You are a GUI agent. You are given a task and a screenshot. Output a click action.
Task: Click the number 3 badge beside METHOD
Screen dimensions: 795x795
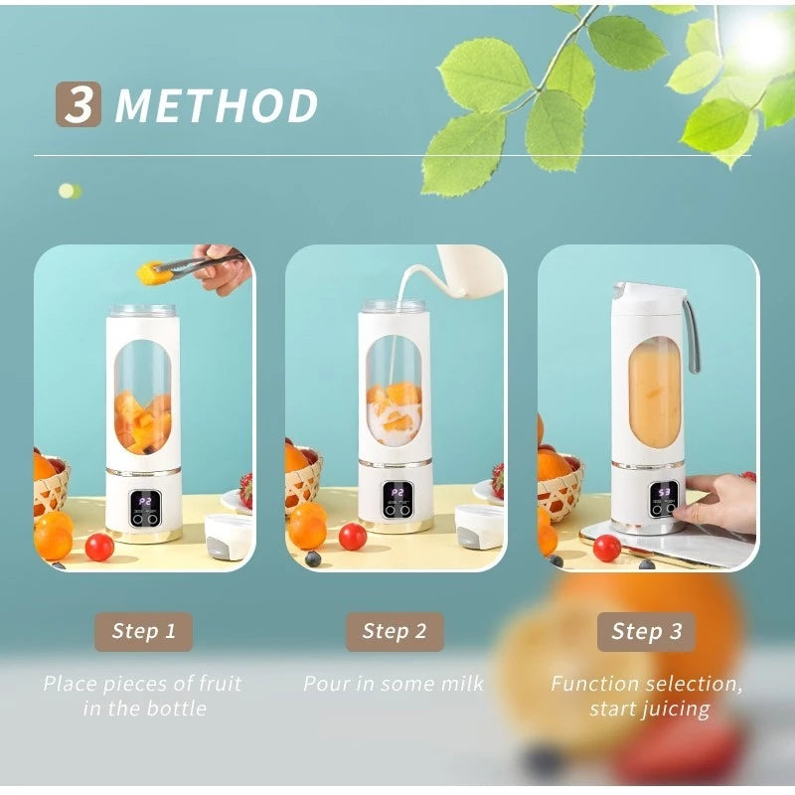coord(78,104)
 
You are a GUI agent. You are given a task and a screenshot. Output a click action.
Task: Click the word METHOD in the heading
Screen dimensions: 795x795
coord(217,106)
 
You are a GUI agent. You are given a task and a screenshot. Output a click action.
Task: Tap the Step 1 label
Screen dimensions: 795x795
coord(143,631)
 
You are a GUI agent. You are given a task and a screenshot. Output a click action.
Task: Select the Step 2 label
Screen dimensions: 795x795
coord(395,631)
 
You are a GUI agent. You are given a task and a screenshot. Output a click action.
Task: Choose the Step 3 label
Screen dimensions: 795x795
coord(646,631)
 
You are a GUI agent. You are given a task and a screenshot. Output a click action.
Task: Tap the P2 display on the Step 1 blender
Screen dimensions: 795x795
coord(145,502)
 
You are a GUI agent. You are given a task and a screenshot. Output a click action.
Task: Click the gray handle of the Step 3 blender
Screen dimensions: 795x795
coord(691,333)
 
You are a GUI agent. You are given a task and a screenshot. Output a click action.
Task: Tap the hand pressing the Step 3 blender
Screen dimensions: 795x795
coord(720,502)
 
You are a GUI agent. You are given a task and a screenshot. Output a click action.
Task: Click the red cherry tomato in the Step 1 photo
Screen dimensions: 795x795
coord(99,547)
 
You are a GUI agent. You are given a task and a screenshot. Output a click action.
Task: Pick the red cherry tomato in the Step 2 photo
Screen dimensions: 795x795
coord(353,537)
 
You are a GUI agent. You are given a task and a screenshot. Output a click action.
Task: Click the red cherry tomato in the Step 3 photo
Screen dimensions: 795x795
coord(606,548)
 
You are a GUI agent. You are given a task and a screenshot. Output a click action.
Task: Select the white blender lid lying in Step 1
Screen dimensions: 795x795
coord(229,535)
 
